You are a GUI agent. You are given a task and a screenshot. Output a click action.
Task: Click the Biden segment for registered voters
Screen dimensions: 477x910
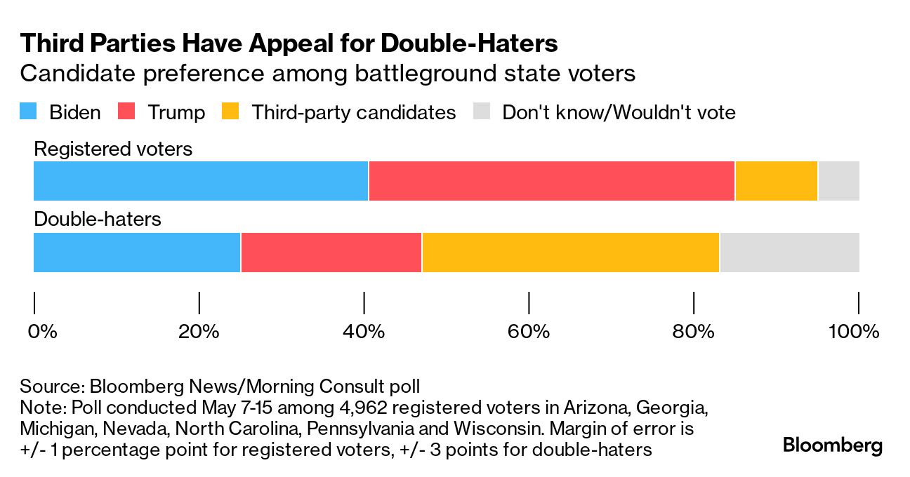pyautogui.click(x=201, y=181)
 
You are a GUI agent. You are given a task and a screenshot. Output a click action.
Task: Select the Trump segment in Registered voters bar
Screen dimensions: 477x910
pyautogui.click(x=551, y=181)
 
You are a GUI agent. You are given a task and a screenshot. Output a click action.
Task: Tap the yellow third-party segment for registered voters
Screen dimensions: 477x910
pyautogui.click(x=776, y=181)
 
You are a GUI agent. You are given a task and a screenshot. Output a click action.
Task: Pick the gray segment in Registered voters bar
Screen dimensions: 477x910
pyautogui.click(x=838, y=181)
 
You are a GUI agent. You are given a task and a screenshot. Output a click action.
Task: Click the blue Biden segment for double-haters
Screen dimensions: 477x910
pyautogui.click(x=137, y=253)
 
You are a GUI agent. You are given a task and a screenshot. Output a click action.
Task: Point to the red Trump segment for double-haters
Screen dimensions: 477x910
pyautogui.click(x=331, y=253)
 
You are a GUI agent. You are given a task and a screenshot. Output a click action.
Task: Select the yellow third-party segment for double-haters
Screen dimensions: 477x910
pyautogui.click(x=570, y=253)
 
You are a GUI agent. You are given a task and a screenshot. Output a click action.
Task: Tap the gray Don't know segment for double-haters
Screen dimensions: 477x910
pyautogui.click(x=789, y=253)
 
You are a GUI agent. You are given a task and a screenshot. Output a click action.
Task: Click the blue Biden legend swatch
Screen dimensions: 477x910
pyautogui.click(x=28, y=112)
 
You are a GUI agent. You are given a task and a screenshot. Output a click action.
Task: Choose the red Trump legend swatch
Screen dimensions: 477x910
pyautogui.click(x=126, y=112)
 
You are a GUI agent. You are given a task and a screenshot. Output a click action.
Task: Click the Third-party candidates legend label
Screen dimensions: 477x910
pyautogui.click(x=353, y=112)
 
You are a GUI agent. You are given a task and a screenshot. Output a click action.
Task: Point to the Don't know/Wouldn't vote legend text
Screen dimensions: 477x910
pyautogui.click(x=619, y=112)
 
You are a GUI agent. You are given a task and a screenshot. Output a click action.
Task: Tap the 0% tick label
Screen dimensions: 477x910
pyautogui.click(x=42, y=331)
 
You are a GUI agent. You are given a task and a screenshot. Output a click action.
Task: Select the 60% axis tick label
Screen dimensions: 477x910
pyautogui.click(x=529, y=331)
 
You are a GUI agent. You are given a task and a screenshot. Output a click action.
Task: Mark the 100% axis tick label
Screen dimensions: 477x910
pyautogui.click(x=854, y=331)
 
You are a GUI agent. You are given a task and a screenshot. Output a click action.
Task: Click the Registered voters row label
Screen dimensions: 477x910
pyautogui.click(x=113, y=149)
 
